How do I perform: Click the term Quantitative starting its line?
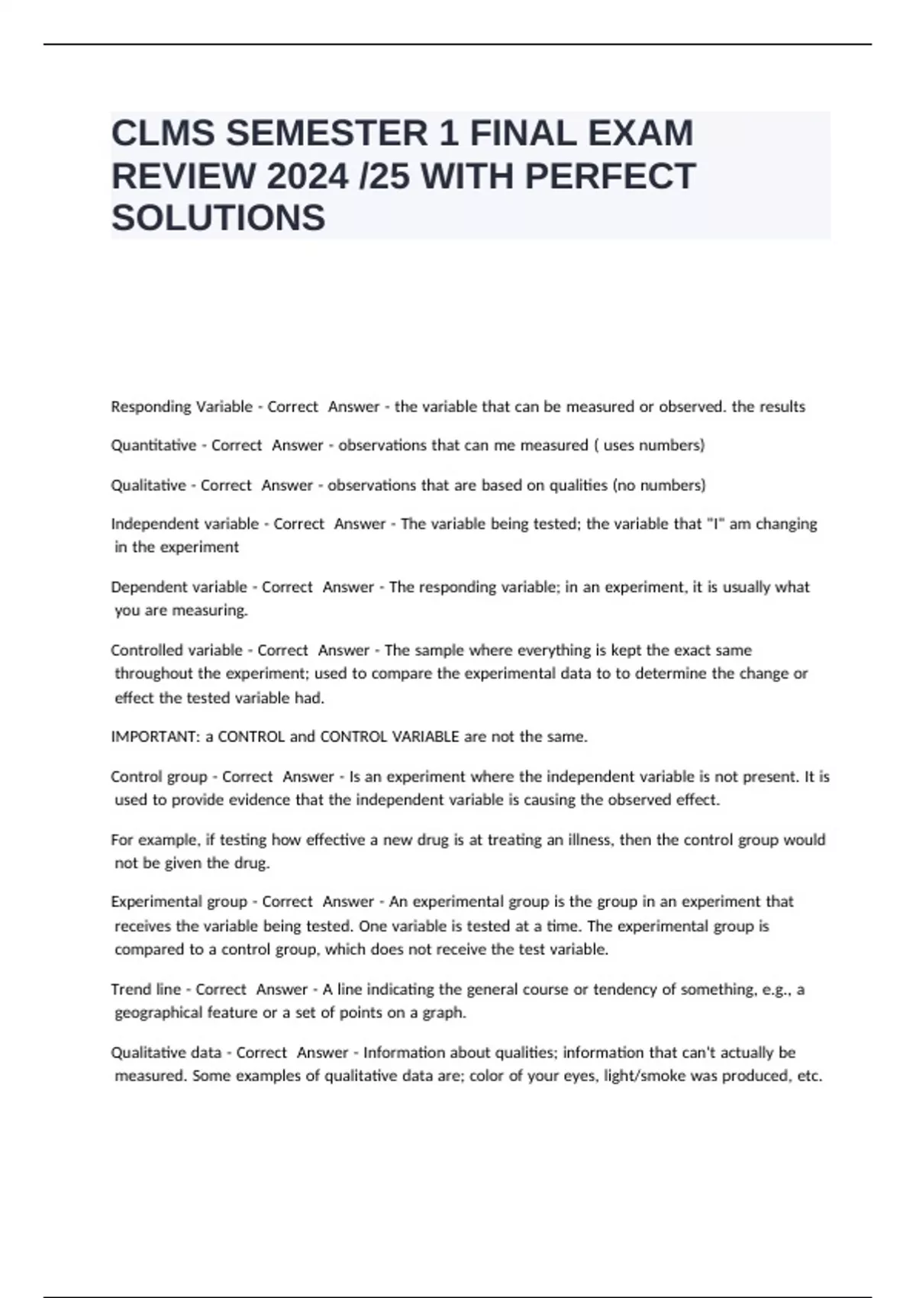(x=153, y=445)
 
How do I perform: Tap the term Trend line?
(x=146, y=989)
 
